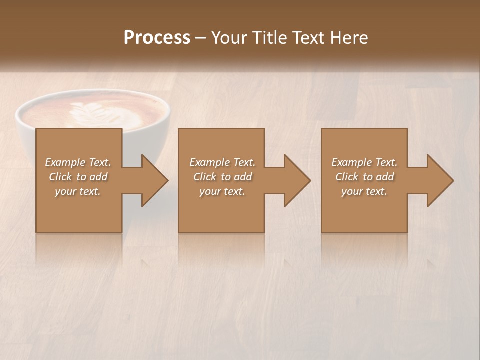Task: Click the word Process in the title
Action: click(157, 38)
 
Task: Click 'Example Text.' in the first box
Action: click(78, 162)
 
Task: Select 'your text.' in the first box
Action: click(78, 191)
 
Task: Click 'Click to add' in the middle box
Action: click(222, 177)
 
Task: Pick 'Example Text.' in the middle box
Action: click(222, 162)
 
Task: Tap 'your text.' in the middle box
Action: click(222, 191)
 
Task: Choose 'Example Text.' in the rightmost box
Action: click(364, 162)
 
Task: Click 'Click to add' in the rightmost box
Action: click(364, 177)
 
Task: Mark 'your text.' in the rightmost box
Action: click(364, 191)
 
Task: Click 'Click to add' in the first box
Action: click(78, 177)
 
